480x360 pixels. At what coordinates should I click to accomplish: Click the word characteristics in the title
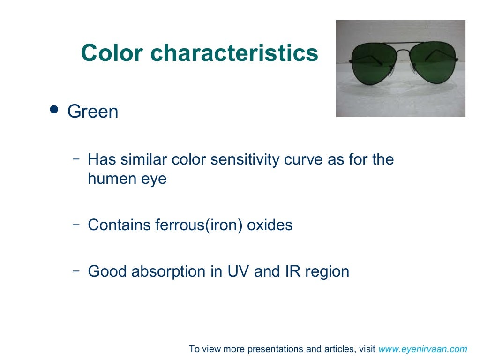[x=234, y=53]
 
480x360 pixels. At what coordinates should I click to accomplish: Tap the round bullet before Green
[x=54, y=110]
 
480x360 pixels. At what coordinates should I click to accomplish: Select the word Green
[x=93, y=112]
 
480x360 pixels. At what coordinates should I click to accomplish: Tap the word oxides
[x=270, y=225]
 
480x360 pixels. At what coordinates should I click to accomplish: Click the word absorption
[x=169, y=271]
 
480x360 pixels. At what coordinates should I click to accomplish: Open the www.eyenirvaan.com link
[x=423, y=349]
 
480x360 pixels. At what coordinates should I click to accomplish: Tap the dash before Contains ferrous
[x=76, y=224]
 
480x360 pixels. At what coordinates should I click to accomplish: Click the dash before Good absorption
[x=76, y=270]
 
